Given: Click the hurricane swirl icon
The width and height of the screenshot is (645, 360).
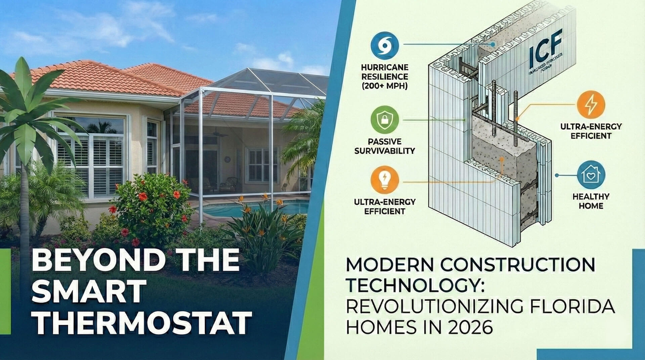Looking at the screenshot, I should pyautogui.click(x=385, y=45).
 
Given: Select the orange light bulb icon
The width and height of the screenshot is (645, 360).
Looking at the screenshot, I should pyautogui.click(x=385, y=180).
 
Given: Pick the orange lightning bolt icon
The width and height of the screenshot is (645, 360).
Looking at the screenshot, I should pyautogui.click(x=591, y=105).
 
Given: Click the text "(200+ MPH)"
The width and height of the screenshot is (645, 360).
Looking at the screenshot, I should pyautogui.click(x=385, y=86).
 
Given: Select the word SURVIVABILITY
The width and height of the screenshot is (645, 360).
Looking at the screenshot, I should pyautogui.click(x=385, y=151).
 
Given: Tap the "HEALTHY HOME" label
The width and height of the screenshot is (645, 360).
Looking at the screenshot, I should pyautogui.click(x=591, y=201).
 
